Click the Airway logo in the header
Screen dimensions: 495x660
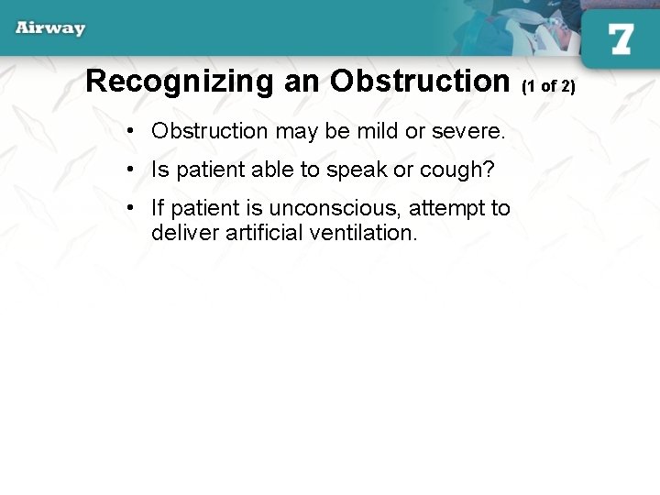[x=50, y=27]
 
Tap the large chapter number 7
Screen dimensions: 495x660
[x=620, y=40]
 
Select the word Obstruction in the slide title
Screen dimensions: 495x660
[x=419, y=82]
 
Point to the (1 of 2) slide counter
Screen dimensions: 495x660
[x=548, y=86]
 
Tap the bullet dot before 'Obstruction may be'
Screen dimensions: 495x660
[x=134, y=131]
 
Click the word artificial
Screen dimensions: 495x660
[x=259, y=232]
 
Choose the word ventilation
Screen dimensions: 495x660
[x=363, y=232]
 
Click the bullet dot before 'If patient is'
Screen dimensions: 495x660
[x=134, y=208]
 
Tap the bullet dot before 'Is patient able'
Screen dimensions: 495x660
[x=134, y=170]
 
